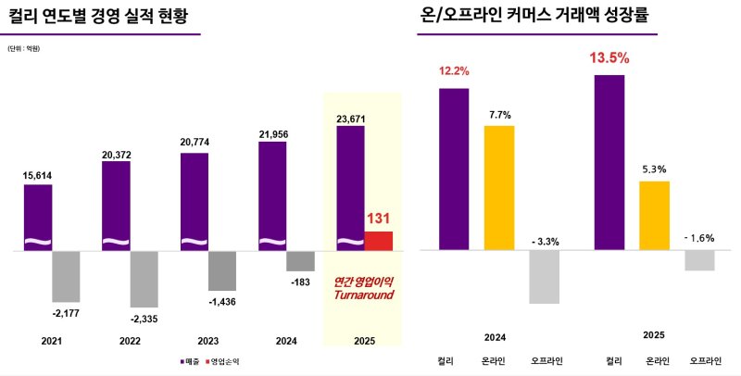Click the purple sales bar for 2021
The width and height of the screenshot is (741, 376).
38,218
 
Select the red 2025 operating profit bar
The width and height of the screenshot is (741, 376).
378,241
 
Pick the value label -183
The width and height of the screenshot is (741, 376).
299,281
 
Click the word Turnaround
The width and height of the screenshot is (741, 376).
364,295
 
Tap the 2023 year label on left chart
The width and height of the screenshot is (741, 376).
195,341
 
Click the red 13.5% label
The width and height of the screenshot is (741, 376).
609,58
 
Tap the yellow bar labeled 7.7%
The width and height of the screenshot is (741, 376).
498,187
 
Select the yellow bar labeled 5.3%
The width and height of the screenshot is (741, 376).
653,215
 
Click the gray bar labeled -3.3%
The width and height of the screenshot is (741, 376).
544,277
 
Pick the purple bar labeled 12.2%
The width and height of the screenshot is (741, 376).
453,169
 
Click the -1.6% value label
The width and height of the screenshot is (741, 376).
699,238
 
